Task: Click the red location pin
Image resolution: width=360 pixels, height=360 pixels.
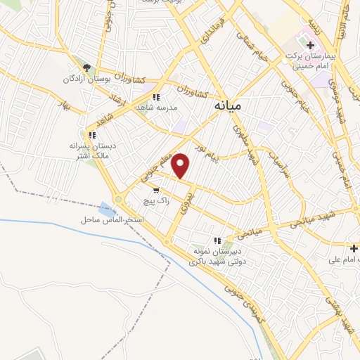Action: pyautogui.click(x=181, y=165)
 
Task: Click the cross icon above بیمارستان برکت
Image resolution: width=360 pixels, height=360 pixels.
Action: pyautogui.click(x=309, y=44)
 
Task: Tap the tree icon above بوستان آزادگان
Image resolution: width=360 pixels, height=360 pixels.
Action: pyautogui.click(x=86, y=67)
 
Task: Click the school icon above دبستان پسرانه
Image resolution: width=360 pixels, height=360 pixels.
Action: pyautogui.click(x=92, y=134)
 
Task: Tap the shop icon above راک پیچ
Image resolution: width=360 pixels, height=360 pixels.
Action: pyautogui.click(x=155, y=191)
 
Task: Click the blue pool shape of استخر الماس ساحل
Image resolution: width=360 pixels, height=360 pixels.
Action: pyautogui.click(x=108, y=210)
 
